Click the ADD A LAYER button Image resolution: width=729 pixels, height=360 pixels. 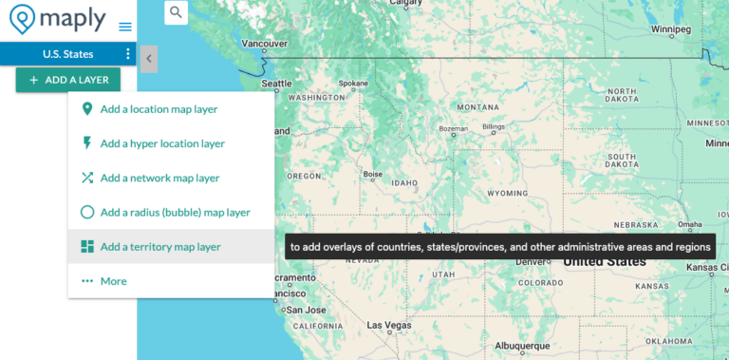(68, 80)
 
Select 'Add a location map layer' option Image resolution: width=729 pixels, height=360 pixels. (159, 109)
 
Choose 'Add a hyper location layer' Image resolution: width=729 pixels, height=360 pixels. (162, 143)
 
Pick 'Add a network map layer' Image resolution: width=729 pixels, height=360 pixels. (159, 178)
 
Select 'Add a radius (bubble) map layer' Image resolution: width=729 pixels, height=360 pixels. (175, 212)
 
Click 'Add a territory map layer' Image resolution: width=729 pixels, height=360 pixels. (159, 247)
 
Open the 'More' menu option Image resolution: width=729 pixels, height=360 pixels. (113, 281)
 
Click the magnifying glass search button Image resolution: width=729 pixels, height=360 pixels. (177, 12)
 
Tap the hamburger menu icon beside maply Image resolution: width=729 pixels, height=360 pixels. (125, 27)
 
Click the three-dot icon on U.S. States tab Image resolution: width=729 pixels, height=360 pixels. (128, 54)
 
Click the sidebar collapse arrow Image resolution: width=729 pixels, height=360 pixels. (149, 60)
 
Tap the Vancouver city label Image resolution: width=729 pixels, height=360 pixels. (264, 43)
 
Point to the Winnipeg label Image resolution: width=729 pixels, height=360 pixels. (670, 29)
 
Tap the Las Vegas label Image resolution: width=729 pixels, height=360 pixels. (390, 325)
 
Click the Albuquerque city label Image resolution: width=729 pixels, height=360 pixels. (523, 346)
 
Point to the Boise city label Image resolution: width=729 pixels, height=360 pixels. (373, 174)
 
